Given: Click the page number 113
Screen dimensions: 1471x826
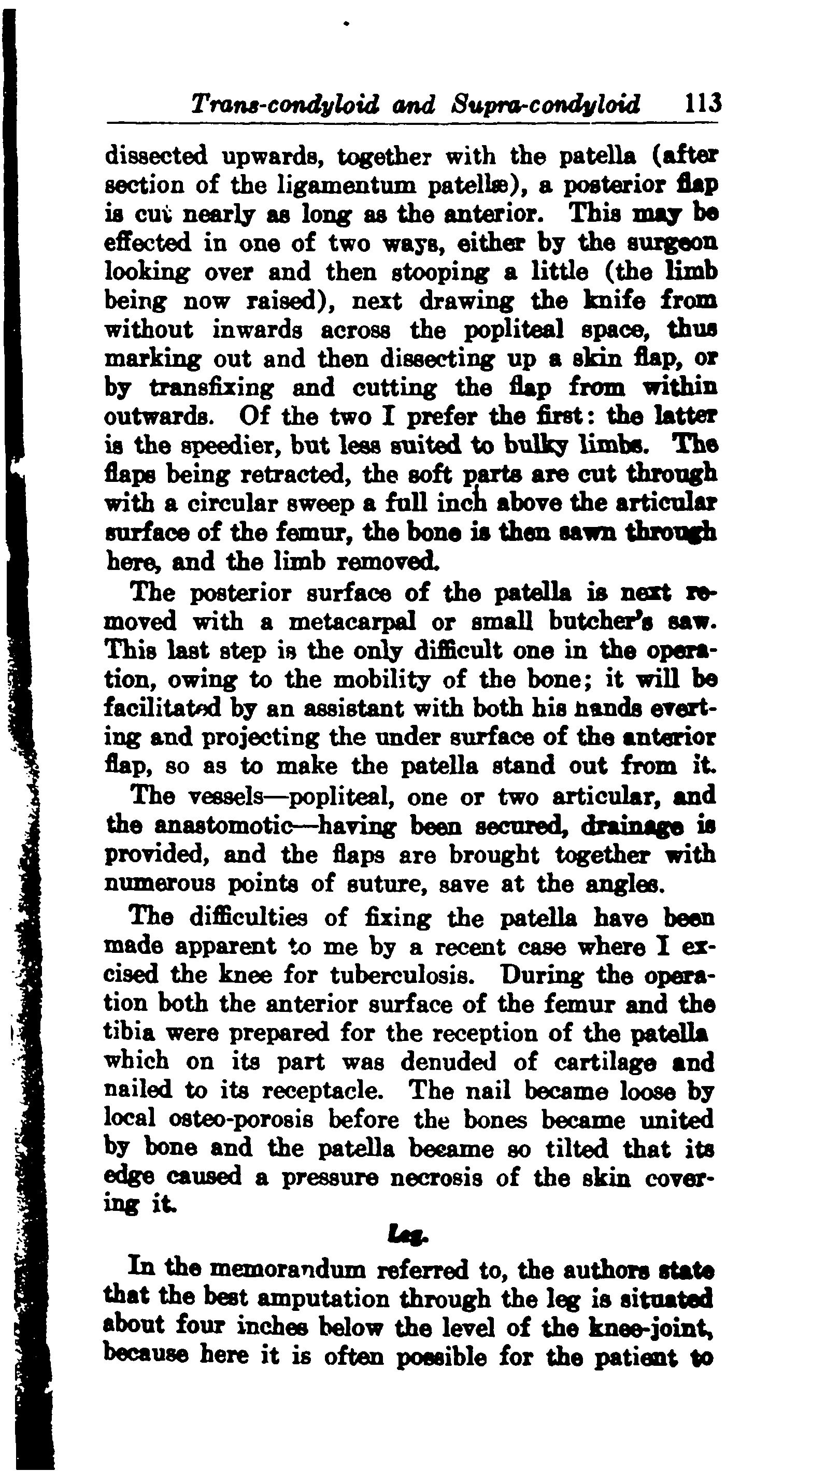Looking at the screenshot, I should [x=695, y=104].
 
